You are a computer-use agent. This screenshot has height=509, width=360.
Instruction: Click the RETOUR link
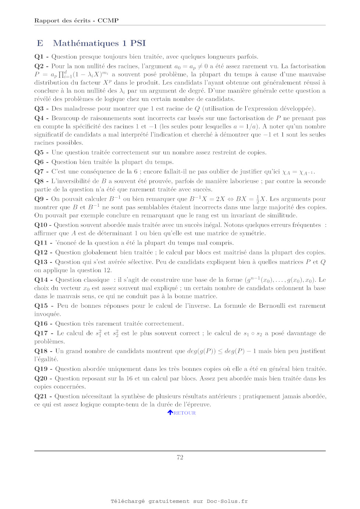pyautogui.click(x=184, y=413)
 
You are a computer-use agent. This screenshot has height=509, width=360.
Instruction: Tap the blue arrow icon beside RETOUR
pyautogui.click(x=170, y=412)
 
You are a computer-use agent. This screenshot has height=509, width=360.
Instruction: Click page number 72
pyautogui.click(x=180, y=457)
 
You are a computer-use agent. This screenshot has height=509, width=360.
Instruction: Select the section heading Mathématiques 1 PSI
pyautogui.click(x=99, y=43)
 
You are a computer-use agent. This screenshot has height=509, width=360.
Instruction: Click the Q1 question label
pyautogui.click(x=39, y=57)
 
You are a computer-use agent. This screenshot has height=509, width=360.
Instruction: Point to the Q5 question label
pyautogui.click(x=39, y=152)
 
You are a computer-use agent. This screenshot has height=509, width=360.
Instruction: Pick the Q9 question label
pyautogui.click(x=39, y=199)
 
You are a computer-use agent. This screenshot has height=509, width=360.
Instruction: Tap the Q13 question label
pyautogui.click(x=41, y=262)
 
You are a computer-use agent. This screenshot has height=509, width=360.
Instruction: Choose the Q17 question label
pyautogui.click(x=41, y=333)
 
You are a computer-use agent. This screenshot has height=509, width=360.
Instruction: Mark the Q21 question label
pyautogui.click(x=41, y=396)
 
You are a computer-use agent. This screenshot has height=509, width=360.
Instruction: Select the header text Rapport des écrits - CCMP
pyautogui.click(x=76, y=21)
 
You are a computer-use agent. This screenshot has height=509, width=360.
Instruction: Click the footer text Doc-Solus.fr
pyautogui.click(x=227, y=501)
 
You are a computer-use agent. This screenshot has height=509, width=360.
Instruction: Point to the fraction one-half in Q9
pyautogui.click(x=258, y=199)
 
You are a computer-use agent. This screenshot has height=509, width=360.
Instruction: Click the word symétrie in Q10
pyautogui.click(x=253, y=233)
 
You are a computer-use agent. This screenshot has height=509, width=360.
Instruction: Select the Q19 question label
pyautogui.click(x=41, y=369)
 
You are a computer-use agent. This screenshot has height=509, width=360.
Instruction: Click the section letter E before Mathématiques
pyautogui.click(x=40, y=43)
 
